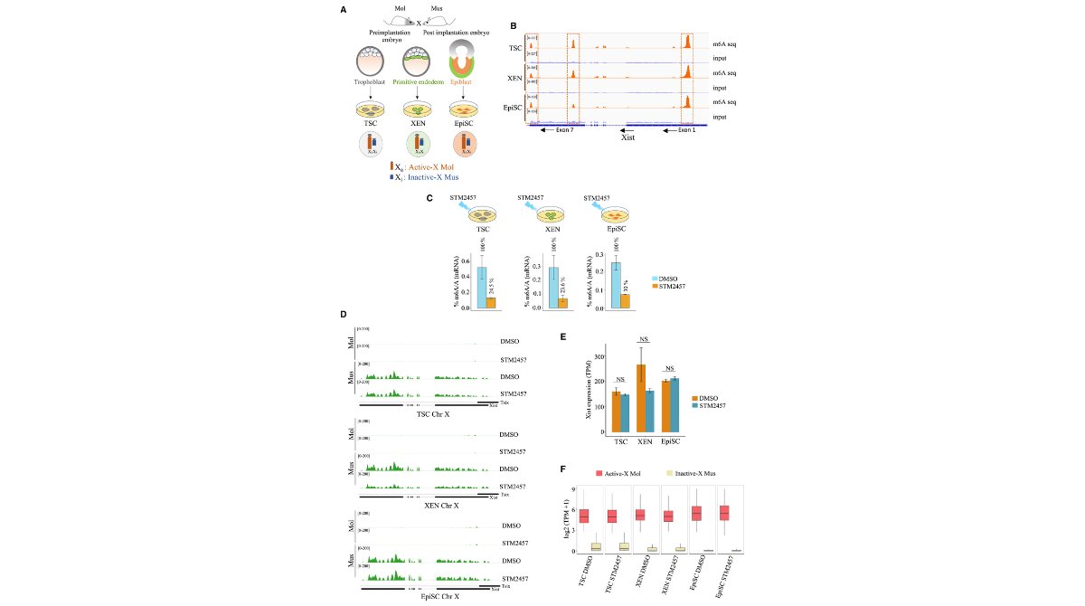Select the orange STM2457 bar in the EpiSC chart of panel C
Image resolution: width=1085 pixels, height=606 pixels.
625,301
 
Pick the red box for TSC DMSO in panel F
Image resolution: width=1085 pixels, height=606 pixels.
584,516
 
